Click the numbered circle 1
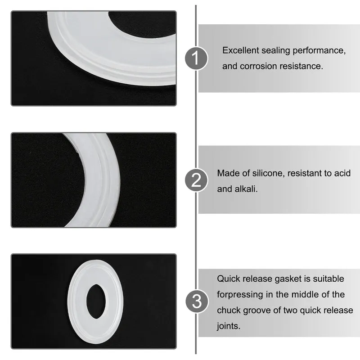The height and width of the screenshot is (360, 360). click(x=196, y=58)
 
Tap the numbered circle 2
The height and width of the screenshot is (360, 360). click(x=196, y=180)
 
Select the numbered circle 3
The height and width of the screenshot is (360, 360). click(x=197, y=301)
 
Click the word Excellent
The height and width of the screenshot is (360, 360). click(x=241, y=50)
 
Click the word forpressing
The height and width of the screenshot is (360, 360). click(x=240, y=295)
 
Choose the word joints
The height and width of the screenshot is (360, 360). click(x=229, y=326)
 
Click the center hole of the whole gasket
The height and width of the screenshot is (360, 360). click(x=96, y=301)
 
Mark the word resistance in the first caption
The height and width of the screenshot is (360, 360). click(x=301, y=66)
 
